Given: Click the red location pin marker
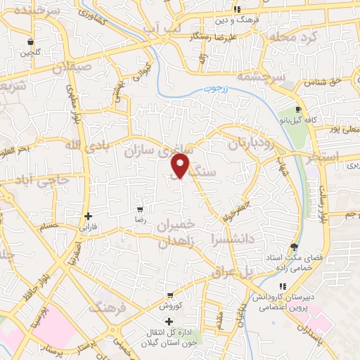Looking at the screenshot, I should click(180, 165).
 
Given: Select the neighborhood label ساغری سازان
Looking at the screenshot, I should click(157, 149).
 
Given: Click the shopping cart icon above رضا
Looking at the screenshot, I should click(141, 210).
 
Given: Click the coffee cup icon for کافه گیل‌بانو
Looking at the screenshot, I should click(298, 110).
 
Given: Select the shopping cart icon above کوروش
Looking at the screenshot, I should click(170, 295).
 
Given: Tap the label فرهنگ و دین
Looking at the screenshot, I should click(259, 20).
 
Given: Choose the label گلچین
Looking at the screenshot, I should click(30, 53).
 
